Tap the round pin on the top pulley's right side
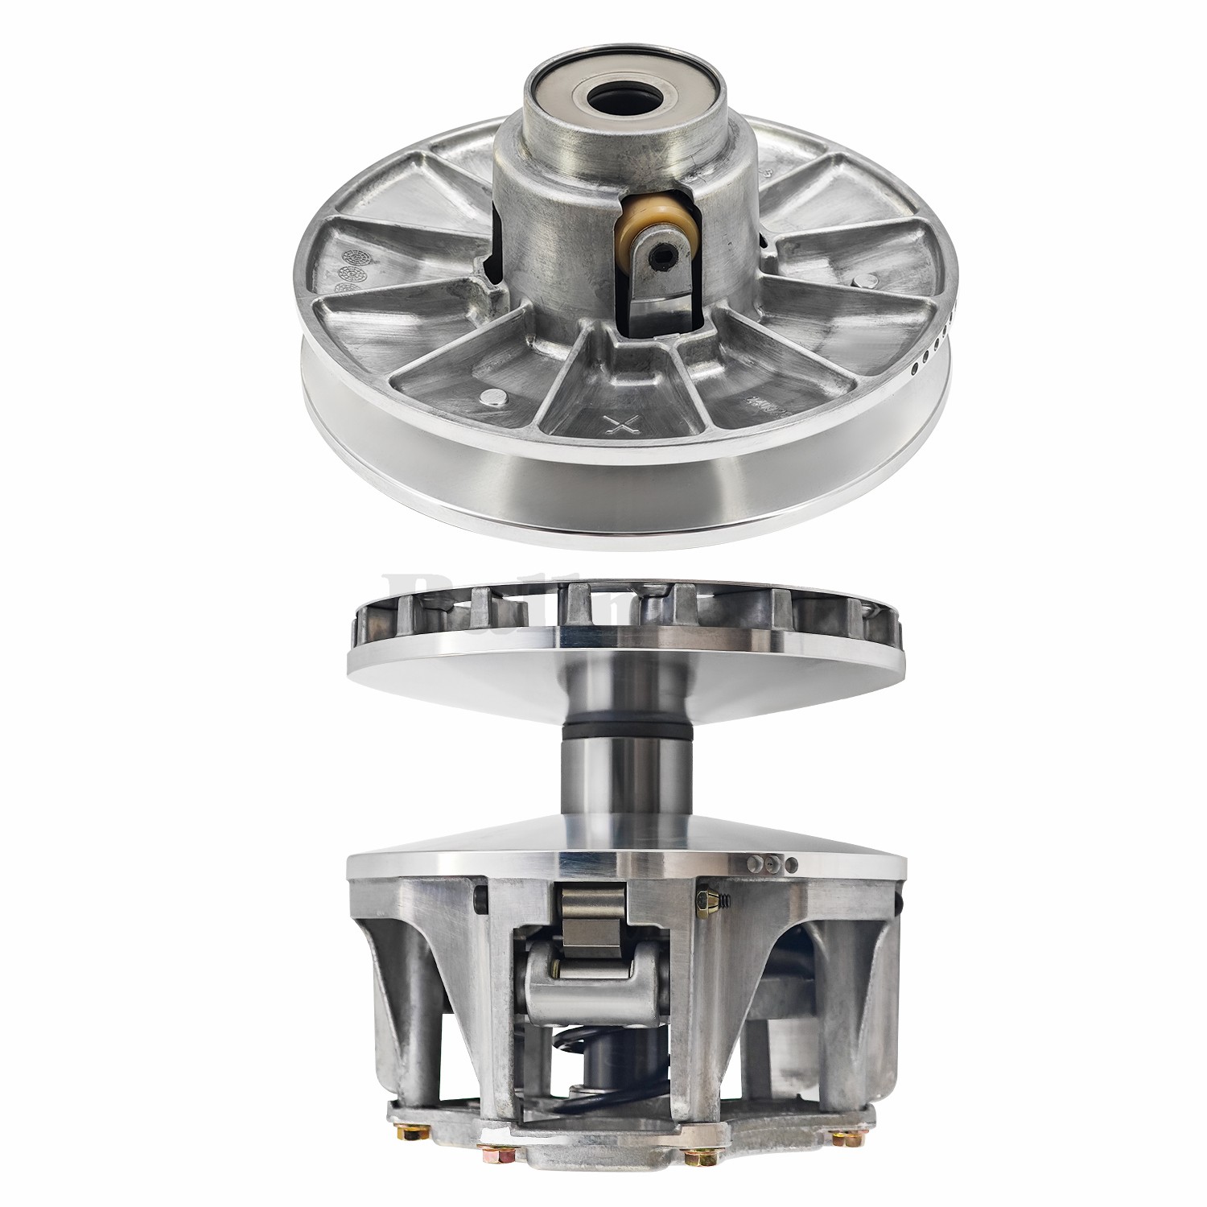coord(866,281)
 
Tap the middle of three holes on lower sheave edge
coord(773,863)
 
